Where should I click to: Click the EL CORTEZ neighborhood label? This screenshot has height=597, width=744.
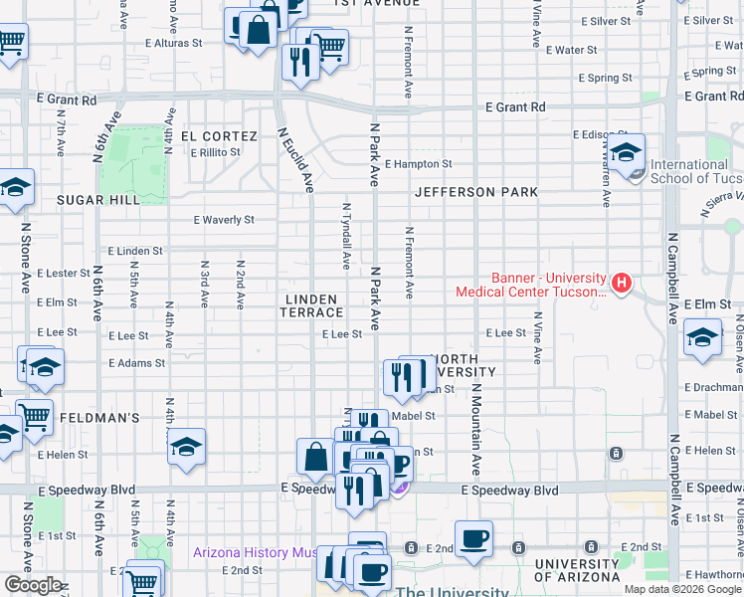click(219, 136)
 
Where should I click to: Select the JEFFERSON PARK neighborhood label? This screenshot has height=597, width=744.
click(476, 192)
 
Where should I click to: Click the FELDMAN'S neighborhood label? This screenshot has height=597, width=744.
click(98, 418)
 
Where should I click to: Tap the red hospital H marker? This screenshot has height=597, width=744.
click(622, 284)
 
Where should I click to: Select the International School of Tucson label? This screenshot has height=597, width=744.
click(688, 171)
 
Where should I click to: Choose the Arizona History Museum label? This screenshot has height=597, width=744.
click(255, 552)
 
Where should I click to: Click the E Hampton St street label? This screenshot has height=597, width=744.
click(419, 164)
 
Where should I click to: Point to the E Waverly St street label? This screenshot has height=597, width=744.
click(224, 220)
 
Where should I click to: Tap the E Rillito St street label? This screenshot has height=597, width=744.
click(210, 152)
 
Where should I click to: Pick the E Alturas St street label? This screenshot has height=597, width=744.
click(173, 44)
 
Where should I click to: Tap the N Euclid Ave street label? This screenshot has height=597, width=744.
click(295, 159)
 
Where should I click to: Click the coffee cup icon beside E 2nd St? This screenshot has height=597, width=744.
click(473, 538)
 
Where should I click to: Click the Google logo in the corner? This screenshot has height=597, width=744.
click(33, 584)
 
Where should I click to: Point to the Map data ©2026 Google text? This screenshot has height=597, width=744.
click(681, 589)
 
